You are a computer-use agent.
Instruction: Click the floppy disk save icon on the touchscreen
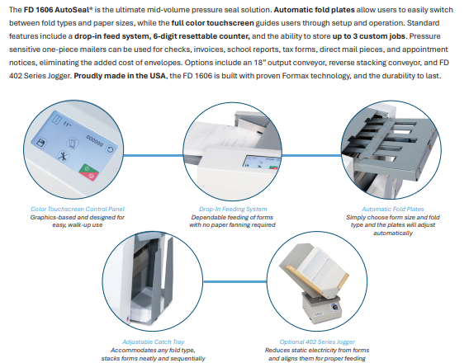tap(40, 142)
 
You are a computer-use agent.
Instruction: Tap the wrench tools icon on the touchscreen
tap(63, 156)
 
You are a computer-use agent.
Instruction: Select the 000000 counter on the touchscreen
tap(95, 141)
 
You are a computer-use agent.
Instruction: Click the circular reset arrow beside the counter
tap(110, 149)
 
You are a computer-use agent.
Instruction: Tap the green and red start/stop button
tap(89, 172)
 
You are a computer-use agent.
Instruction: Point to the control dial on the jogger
tap(335, 307)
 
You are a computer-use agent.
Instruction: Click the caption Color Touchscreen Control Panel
tap(78, 209)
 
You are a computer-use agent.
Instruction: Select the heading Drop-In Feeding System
tap(233, 209)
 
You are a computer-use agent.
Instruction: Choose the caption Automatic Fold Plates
tap(393, 209)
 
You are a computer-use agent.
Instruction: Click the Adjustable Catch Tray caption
tap(153, 342)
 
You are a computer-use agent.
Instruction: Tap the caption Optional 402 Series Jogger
tap(317, 342)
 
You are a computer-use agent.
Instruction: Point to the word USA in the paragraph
tap(158, 76)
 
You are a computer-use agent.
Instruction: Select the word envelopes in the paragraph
tap(164, 63)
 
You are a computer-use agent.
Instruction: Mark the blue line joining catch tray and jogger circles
tap(235, 281)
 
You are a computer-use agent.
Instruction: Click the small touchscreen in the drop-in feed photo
tap(261, 162)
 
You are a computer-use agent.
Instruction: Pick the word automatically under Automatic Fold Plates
tap(393, 233)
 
